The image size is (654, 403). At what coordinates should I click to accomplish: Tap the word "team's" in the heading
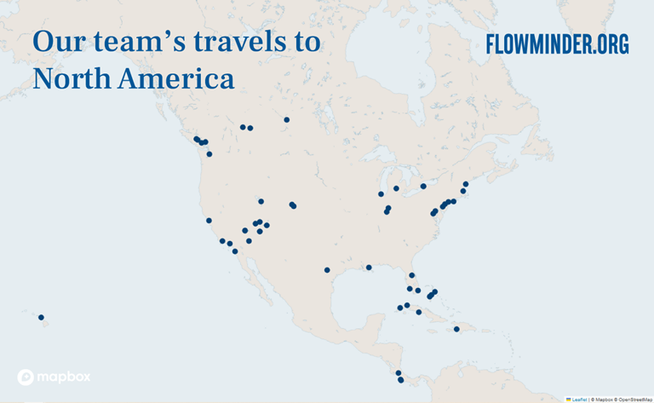136,42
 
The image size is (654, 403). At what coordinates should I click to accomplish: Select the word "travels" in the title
231,42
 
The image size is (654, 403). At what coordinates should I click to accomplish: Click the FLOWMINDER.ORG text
557,44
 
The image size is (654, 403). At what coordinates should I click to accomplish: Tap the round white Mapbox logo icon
26,377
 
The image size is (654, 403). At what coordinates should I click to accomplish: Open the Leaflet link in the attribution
579,398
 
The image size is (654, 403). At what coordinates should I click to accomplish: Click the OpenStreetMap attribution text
634,398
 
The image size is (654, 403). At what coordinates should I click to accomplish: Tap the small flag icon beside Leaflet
568,398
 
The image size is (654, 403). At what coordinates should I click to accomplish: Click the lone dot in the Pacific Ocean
41,318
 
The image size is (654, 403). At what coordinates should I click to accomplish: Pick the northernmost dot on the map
287,119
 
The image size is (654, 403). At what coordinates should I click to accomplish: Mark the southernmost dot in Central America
401,380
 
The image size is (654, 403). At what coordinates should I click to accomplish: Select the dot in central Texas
327,270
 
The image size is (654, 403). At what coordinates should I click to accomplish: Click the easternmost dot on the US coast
466,184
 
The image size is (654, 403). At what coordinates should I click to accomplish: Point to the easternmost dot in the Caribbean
456,329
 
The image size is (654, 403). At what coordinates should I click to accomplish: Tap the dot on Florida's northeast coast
411,275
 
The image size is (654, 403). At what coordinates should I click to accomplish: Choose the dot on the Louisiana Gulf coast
369,268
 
